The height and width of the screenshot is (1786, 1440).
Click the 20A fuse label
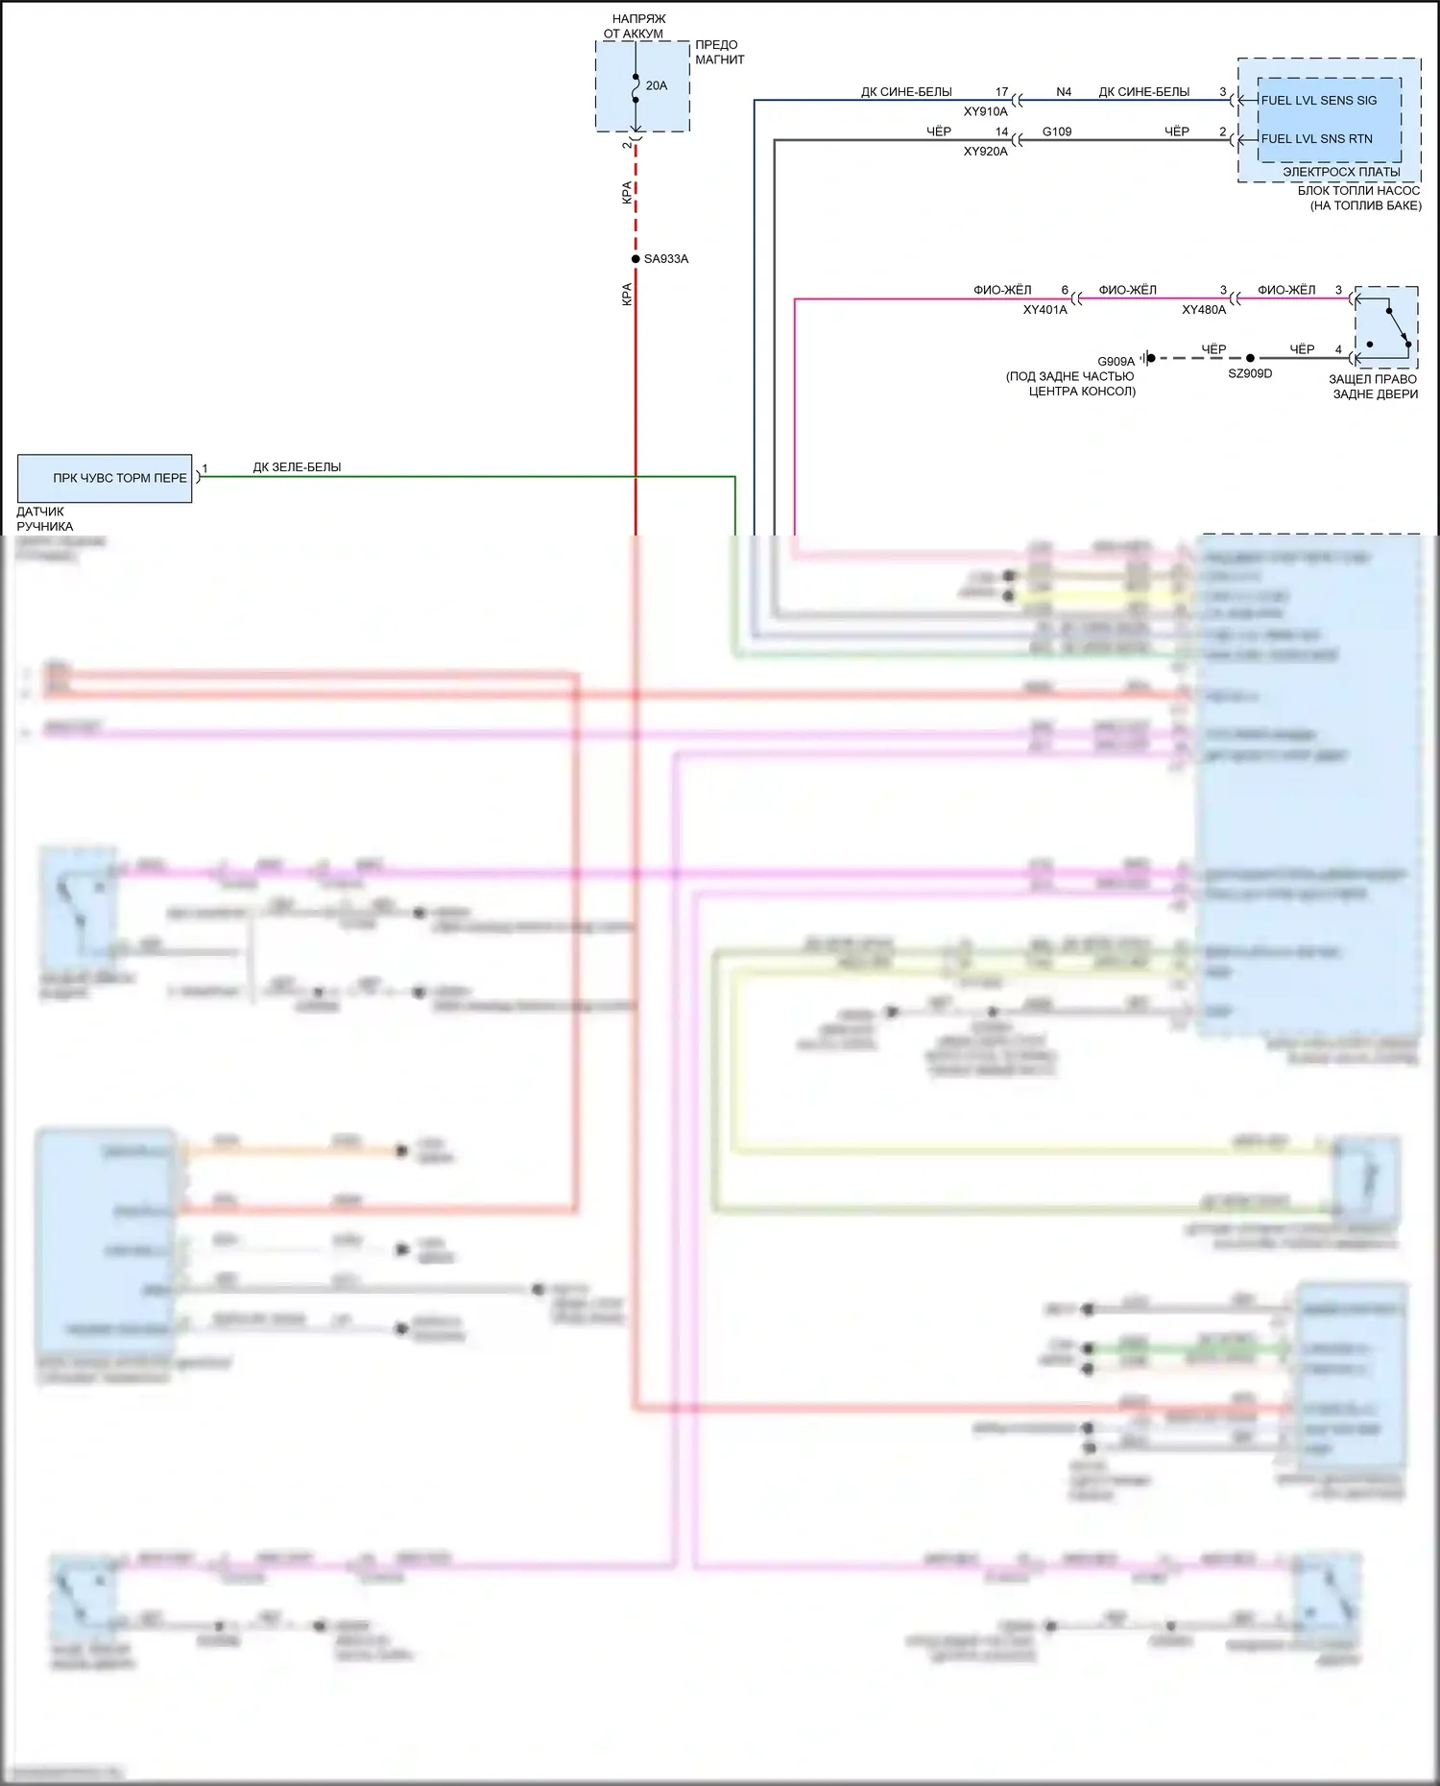click(656, 85)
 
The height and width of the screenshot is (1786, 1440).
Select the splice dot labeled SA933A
click(636, 259)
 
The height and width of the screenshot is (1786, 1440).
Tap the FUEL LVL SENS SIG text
click(1318, 101)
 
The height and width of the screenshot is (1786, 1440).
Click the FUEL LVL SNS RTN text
click(1316, 139)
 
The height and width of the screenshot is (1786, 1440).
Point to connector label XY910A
click(985, 111)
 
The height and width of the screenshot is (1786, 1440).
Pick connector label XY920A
click(985, 152)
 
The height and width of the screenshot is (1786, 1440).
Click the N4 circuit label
click(1064, 92)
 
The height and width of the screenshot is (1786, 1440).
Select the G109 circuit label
click(1056, 131)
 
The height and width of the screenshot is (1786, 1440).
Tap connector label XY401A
click(1044, 310)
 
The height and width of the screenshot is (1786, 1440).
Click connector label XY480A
click(1203, 310)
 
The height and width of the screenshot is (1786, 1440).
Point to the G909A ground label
click(1116, 362)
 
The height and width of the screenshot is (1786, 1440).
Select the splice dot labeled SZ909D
click(1250, 358)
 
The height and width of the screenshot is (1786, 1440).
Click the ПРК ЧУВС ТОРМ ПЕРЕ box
click(105, 478)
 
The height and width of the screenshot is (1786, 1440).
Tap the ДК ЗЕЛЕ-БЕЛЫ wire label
click(297, 467)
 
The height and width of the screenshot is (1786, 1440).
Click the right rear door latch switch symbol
click(1385, 327)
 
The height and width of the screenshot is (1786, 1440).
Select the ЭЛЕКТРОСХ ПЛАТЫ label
click(1340, 172)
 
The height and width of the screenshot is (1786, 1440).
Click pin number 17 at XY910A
click(1001, 92)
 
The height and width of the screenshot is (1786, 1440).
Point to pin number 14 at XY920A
click(1001, 131)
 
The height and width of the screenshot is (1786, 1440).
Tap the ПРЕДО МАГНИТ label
click(719, 52)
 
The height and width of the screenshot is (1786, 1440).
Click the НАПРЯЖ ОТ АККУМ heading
click(636, 26)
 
